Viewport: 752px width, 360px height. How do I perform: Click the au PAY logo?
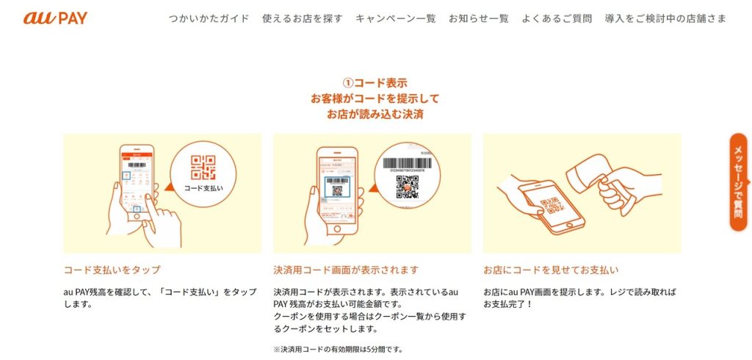pyautogui.click(x=55, y=18)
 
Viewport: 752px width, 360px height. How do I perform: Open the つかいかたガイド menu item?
pyautogui.click(x=209, y=18)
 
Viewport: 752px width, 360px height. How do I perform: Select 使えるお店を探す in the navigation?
pyautogui.click(x=302, y=18)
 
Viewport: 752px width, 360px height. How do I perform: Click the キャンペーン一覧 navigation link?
pyautogui.click(x=395, y=18)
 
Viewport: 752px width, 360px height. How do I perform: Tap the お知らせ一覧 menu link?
pyautogui.click(x=478, y=18)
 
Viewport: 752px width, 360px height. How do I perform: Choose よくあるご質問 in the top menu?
pyautogui.click(x=556, y=18)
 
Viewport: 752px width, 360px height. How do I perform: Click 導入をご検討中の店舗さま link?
pyautogui.click(x=665, y=18)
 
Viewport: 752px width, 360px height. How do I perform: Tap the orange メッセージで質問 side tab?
pyautogui.click(x=738, y=182)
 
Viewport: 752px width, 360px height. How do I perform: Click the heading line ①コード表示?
pyautogui.click(x=375, y=83)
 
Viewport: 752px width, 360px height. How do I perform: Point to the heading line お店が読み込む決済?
pyautogui.click(x=375, y=115)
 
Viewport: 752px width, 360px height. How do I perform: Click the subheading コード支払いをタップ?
pyautogui.click(x=112, y=270)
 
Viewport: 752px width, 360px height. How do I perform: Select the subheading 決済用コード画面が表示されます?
pyautogui.click(x=346, y=270)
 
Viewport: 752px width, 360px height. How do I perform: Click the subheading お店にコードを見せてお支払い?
pyautogui.click(x=551, y=270)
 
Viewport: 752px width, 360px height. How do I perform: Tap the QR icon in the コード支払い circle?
pyautogui.click(x=203, y=168)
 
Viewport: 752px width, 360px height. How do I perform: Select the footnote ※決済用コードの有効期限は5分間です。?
pyautogui.click(x=338, y=349)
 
